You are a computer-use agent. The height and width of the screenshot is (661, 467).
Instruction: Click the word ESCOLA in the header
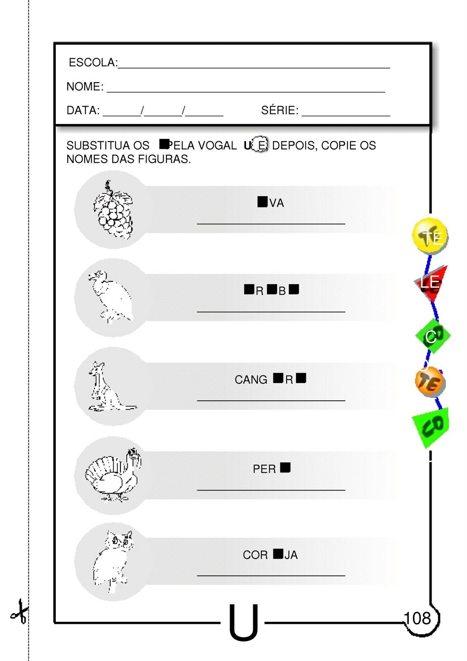point(92,63)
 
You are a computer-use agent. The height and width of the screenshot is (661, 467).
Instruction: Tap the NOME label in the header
point(85,87)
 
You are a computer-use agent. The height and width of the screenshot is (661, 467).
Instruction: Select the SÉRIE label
point(280,111)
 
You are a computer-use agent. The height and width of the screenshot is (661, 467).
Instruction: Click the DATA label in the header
point(83,111)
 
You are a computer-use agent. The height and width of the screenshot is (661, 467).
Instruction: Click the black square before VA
point(262,202)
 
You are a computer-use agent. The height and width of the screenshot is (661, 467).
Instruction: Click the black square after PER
point(285,468)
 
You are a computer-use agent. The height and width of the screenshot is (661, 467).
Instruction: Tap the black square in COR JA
point(278,554)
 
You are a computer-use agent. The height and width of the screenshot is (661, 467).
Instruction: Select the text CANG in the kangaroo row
point(251,380)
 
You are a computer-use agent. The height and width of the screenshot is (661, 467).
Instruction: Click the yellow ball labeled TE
point(429,236)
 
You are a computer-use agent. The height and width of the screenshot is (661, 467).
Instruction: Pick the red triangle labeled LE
point(431,283)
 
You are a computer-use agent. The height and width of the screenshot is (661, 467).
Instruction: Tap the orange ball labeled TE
point(429,382)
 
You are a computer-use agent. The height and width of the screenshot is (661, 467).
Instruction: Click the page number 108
point(417,618)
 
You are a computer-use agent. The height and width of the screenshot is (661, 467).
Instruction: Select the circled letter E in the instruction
point(260,145)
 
